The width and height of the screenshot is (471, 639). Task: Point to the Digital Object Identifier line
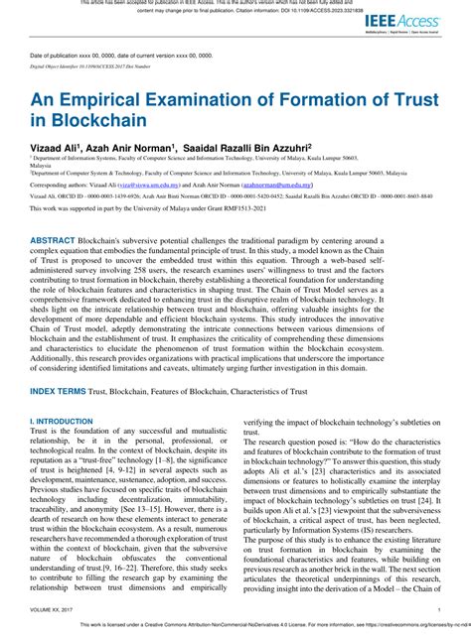click(89, 66)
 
